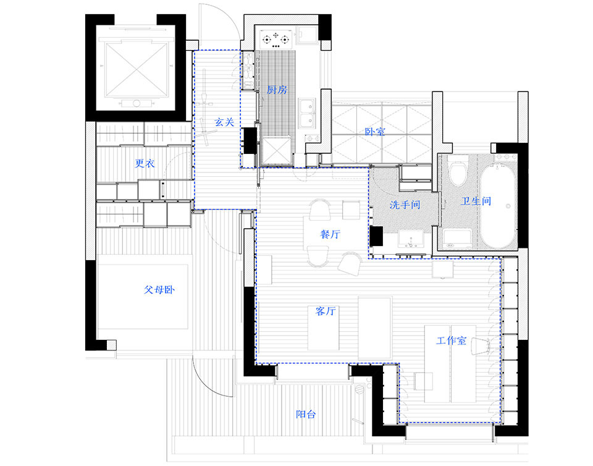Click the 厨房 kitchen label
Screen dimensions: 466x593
pyautogui.click(x=277, y=90)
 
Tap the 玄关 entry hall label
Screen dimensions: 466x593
pyautogui.click(x=224, y=122)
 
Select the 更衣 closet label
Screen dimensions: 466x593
pyautogui.click(x=145, y=164)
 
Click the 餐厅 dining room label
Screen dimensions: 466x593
pyautogui.click(x=331, y=235)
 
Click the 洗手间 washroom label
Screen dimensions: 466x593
pyautogui.click(x=405, y=205)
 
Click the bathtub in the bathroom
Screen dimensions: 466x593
pyautogui.click(x=498, y=204)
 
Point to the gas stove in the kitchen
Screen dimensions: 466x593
pyautogui.click(x=277, y=41)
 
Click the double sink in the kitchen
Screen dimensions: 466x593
pyautogui.click(x=306, y=112)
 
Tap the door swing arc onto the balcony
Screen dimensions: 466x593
pyautogui.click(x=210, y=377)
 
